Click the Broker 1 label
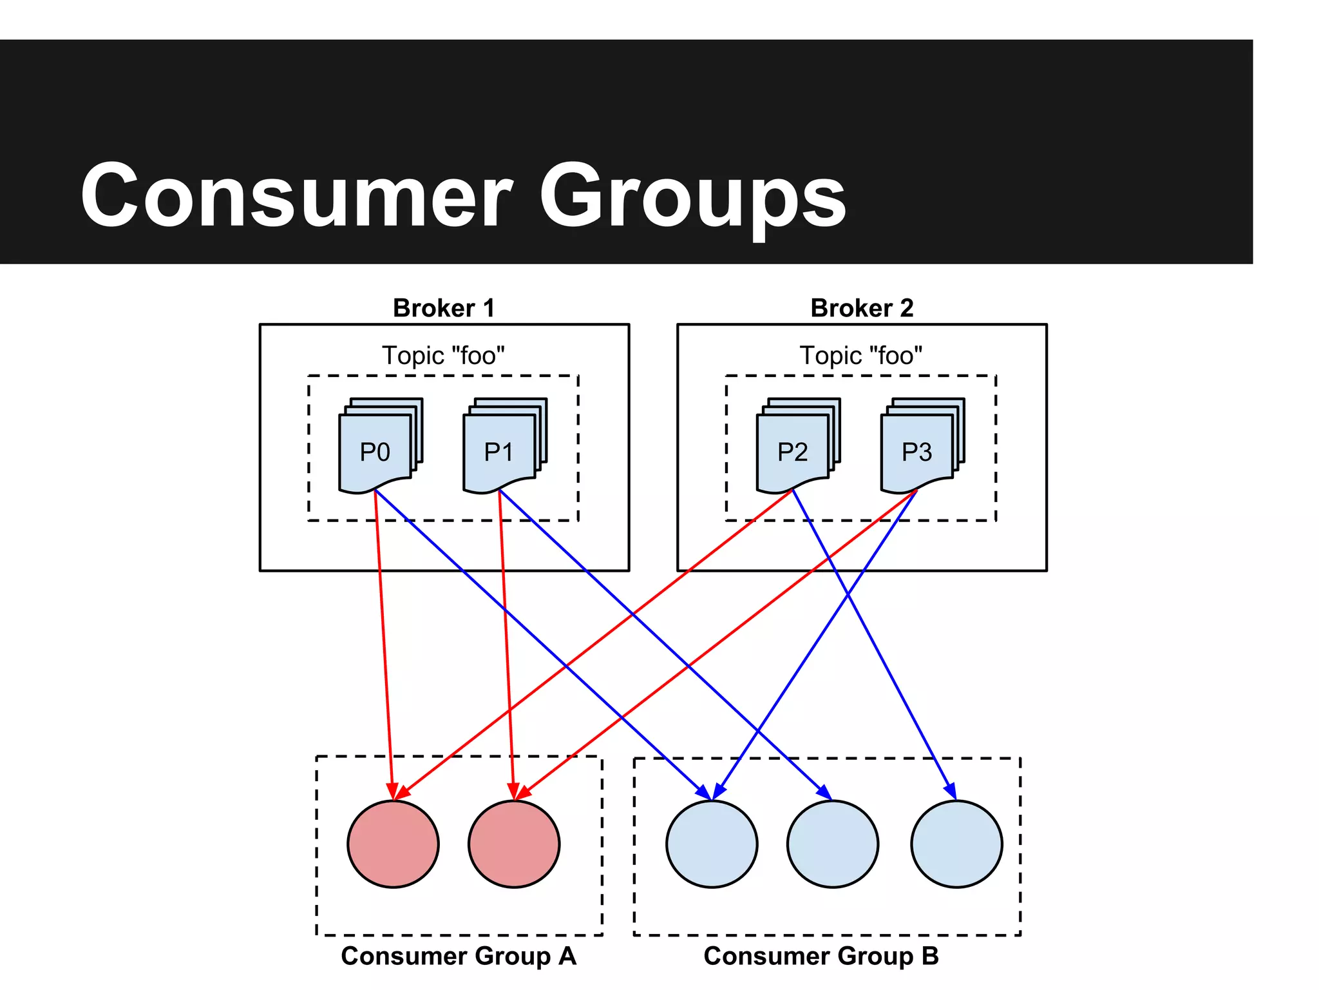pyautogui.click(x=444, y=308)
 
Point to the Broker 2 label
pyautogui.click(x=862, y=308)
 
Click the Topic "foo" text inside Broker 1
pyautogui.click(x=443, y=356)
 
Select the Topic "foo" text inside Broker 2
pyautogui.click(x=861, y=356)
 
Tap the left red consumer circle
pyautogui.click(x=393, y=844)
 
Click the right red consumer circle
pyautogui.click(x=514, y=844)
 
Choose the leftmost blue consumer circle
pyautogui.click(x=712, y=844)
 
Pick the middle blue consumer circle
pyautogui.click(x=832, y=844)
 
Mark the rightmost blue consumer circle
pyautogui.click(x=956, y=844)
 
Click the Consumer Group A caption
pyautogui.click(x=459, y=956)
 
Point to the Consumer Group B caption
pyautogui.click(x=821, y=956)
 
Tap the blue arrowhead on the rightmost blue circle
pyautogui.click(x=951, y=790)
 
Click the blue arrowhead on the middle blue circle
pyautogui.click(x=824, y=792)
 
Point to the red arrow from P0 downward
pyautogui.click(x=384, y=645)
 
